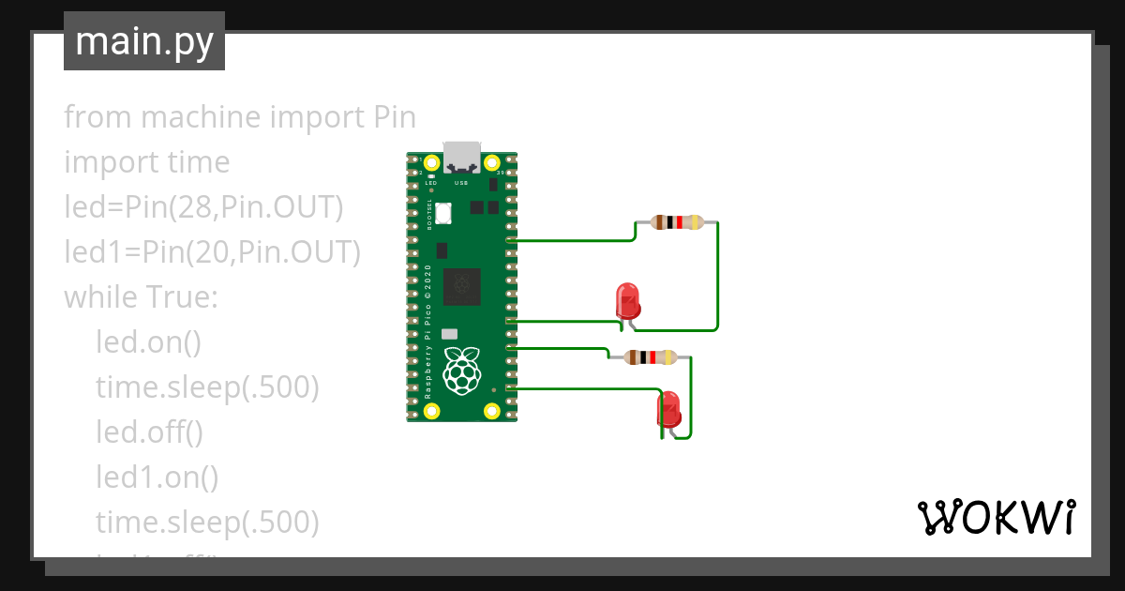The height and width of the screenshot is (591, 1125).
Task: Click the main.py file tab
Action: [143, 41]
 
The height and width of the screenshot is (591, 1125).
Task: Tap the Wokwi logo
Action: [995, 517]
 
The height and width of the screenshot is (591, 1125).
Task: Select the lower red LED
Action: [669, 410]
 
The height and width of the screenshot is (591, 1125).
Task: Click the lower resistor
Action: [650, 356]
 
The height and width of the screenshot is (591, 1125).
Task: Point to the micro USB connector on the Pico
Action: [461, 156]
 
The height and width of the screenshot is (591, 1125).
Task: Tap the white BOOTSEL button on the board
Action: [442, 214]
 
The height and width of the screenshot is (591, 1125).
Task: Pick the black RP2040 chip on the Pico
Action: [461, 286]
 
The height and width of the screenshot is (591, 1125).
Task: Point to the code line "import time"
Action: [146, 162]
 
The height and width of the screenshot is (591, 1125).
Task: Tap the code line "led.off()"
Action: [149, 432]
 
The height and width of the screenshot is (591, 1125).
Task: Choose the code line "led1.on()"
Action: [157, 477]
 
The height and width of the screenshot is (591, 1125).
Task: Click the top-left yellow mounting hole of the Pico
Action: [431, 162]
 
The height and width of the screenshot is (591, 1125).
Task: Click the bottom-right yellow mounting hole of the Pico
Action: [492, 409]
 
